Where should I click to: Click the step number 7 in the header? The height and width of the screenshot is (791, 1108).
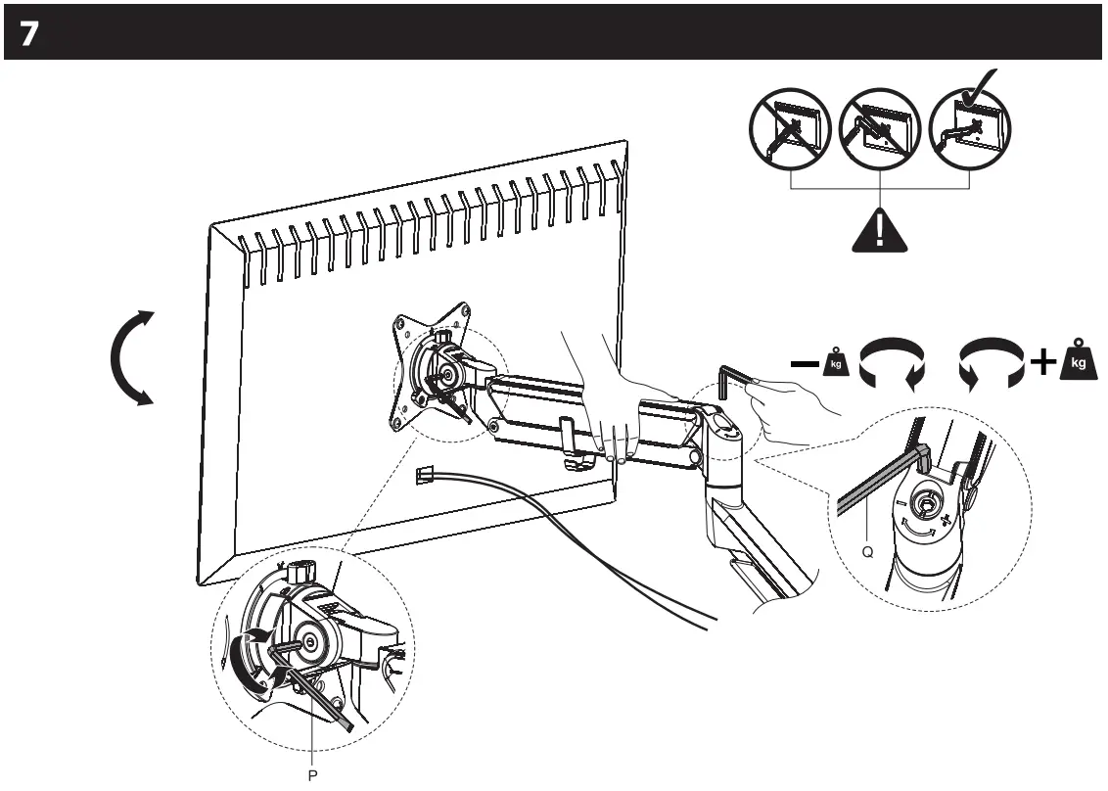pyautogui.click(x=28, y=33)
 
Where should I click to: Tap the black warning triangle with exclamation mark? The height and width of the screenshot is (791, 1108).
pyautogui.click(x=880, y=229)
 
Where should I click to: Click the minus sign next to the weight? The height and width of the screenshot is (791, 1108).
pyautogui.click(x=808, y=364)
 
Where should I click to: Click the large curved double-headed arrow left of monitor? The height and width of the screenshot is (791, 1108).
pyautogui.click(x=134, y=356)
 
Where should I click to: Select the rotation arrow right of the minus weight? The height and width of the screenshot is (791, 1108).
pyautogui.click(x=890, y=365)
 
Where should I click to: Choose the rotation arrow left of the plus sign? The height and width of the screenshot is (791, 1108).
pyautogui.click(x=991, y=365)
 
